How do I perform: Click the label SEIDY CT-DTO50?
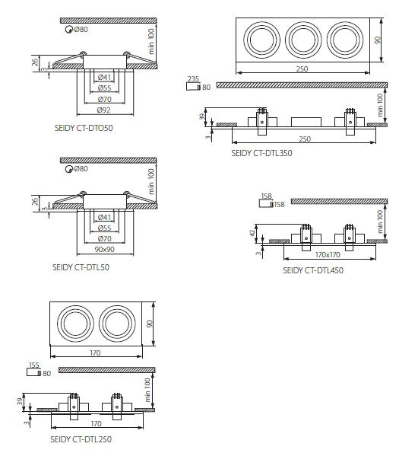point(84,128)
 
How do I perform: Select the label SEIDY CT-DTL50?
point(81,267)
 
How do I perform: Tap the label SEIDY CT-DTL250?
point(81,439)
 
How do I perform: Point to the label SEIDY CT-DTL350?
point(261,153)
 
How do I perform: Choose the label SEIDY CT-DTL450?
point(313,270)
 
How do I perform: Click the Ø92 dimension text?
point(104,110)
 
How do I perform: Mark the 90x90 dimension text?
point(104,249)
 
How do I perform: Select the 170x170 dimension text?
point(328,255)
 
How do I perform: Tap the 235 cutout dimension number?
point(193,79)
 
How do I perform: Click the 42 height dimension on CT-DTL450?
point(252,233)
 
